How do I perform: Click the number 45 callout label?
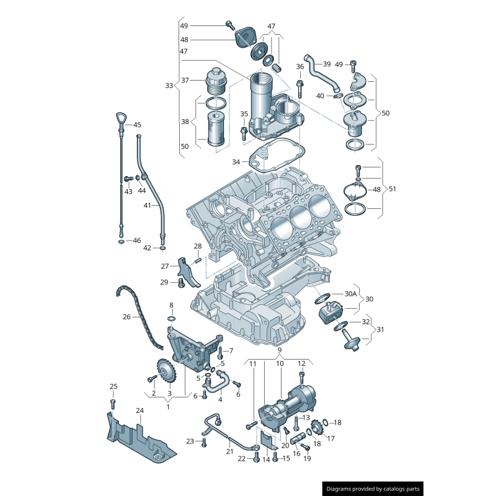137,125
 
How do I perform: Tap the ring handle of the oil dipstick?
120,118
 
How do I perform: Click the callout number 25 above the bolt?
113,387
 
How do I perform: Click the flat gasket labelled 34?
277,157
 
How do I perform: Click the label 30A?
351,293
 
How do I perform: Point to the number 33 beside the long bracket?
169,86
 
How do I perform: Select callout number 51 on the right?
391,189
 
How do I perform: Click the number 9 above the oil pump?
280,350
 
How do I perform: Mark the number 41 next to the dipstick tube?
148,205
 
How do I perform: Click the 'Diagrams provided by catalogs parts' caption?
373,489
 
